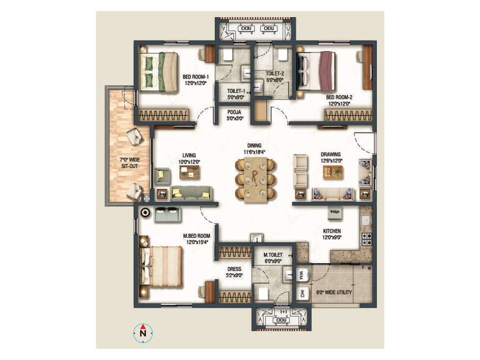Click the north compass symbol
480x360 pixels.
point(143,333)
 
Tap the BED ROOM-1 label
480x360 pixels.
point(196,80)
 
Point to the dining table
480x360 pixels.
point(255,179)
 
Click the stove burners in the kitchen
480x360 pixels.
point(367,239)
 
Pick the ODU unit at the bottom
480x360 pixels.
point(281,320)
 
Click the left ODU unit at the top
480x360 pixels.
point(246,28)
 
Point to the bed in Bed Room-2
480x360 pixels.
point(316,71)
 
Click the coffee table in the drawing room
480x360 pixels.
point(333,172)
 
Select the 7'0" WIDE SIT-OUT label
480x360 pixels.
point(130,163)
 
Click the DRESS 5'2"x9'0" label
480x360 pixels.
point(234,272)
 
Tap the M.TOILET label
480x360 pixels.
point(273,258)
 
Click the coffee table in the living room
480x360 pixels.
point(190,172)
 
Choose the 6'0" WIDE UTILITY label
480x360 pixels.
point(334,292)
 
